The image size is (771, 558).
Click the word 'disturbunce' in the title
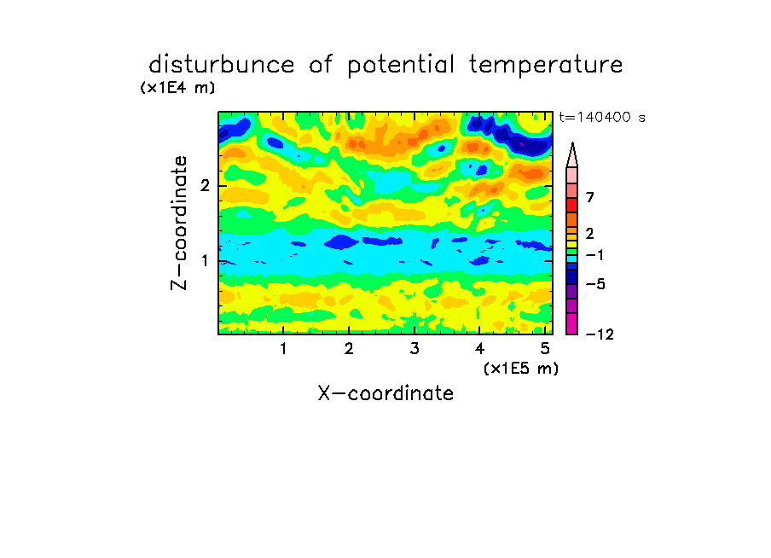(x=222, y=64)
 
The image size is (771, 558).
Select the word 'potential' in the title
(x=401, y=65)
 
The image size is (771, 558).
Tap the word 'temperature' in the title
(x=546, y=65)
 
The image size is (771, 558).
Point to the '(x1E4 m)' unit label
(x=177, y=88)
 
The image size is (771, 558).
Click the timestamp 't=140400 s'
(x=602, y=117)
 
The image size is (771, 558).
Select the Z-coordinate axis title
(x=179, y=223)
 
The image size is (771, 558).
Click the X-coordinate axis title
(x=385, y=393)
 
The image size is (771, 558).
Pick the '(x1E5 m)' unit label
(x=521, y=369)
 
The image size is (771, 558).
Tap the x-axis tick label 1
(x=284, y=348)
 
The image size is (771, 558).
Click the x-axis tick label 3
(x=414, y=348)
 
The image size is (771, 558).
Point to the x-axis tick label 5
(x=545, y=348)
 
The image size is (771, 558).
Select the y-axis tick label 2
(x=205, y=185)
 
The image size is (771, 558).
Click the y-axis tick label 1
(x=205, y=260)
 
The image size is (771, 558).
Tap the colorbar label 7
(x=590, y=197)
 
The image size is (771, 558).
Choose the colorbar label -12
(x=600, y=334)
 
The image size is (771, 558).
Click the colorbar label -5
(x=595, y=284)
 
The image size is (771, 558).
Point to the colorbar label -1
(x=594, y=255)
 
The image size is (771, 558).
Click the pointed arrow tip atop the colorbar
(x=572, y=142)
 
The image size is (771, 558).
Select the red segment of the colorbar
(x=572, y=205)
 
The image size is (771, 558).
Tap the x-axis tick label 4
(x=480, y=348)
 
